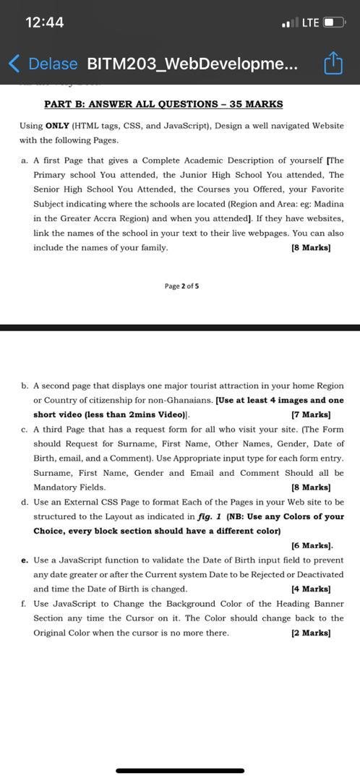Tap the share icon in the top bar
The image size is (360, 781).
click(332, 64)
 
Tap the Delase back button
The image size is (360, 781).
click(43, 64)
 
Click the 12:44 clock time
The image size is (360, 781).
click(45, 22)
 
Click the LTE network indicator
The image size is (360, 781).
click(310, 22)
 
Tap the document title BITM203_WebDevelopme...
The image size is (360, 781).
click(191, 64)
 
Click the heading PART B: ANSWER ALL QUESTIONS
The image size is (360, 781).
click(163, 104)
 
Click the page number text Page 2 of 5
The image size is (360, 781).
click(181, 286)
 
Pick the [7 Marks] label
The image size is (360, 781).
click(311, 415)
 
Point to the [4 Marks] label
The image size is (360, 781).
click(311, 589)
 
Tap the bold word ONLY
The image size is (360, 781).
click(57, 125)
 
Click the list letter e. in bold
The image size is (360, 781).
click(25, 560)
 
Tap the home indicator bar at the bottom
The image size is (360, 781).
click(180, 771)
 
